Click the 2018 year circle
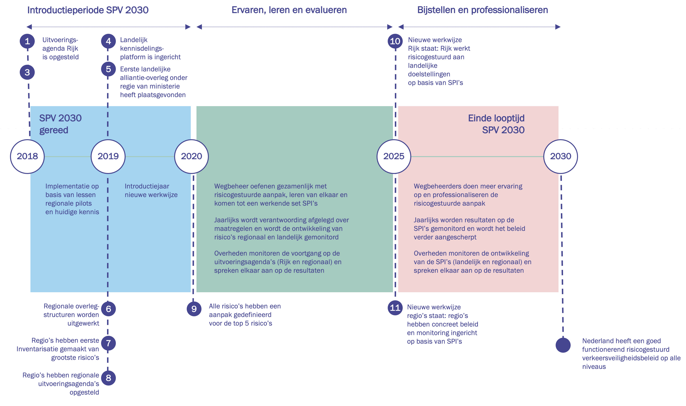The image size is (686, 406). (x=27, y=157)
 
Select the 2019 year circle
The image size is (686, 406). (x=108, y=157)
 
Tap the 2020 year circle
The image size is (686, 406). (x=191, y=157)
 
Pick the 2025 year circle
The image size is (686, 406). (x=394, y=157)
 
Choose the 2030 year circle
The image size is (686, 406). (x=560, y=157)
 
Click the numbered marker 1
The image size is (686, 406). (x=27, y=41)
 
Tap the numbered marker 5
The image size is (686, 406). (x=108, y=69)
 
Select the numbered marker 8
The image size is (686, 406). (x=108, y=378)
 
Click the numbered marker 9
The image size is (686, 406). (x=194, y=309)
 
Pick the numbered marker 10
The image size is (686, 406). (x=395, y=41)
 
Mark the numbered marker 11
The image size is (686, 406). (x=395, y=308)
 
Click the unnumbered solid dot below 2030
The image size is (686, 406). (x=563, y=345)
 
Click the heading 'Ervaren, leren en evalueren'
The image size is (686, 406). (x=289, y=10)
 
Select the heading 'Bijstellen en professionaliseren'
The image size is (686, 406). (x=483, y=10)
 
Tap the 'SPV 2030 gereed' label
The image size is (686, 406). (x=60, y=124)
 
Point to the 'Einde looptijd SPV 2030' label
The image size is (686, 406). (x=496, y=124)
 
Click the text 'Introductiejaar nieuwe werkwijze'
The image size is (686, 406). (x=151, y=190)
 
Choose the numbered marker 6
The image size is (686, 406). (x=108, y=309)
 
